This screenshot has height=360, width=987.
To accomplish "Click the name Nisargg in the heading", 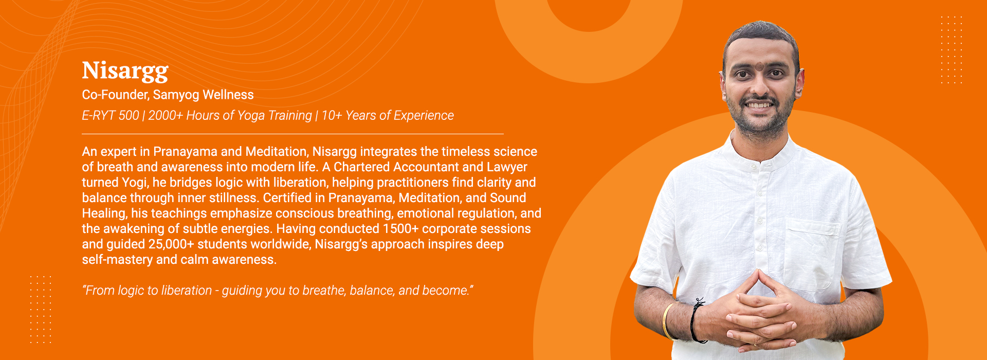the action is coord(125,71).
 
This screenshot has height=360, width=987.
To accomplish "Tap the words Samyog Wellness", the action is coord(204,95).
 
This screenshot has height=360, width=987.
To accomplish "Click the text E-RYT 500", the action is coord(111,115).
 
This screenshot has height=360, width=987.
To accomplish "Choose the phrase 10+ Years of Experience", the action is coord(388,116).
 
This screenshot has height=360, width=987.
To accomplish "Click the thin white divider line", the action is coord(293,134).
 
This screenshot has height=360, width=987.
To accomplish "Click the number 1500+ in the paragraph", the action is coord(400,229).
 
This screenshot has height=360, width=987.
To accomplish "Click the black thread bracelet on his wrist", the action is coord(697,321).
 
